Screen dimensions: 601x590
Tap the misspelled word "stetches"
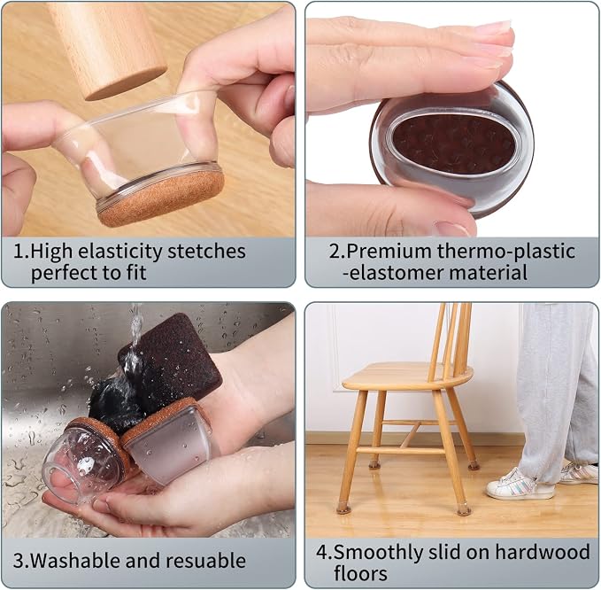[x=206, y=252]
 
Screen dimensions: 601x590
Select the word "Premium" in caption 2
[x=389, y=252]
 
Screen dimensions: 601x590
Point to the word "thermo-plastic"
[x=506, y=252]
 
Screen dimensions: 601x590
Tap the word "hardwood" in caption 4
[x=543, y=553]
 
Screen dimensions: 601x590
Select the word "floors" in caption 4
[x=360, y=574]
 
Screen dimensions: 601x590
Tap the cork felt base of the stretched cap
[x=161, y=199]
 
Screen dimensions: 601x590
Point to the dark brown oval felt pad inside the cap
[x=455, y=144]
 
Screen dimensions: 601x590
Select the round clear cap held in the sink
[x=86, y=457]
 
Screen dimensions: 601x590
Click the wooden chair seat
[x=407, y=377]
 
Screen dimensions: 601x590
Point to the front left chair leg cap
[x=343, y=509]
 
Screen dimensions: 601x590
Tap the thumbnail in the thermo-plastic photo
[x=453, y=229]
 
